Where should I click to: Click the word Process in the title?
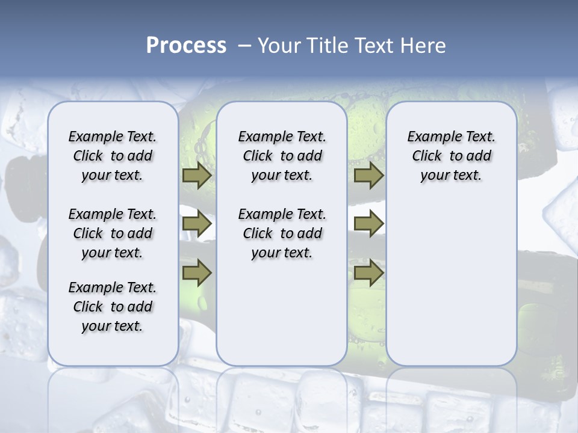[186, 46]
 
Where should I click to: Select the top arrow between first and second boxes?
[197, 176]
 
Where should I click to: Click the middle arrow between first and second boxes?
[197, 224]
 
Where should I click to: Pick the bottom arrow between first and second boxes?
[197, 272]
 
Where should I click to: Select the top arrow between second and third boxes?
[368, 176]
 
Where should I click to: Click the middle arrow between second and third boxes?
[368, 224]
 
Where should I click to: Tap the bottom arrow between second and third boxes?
[368, 272]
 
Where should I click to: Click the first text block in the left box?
[113, 156]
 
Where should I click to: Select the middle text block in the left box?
[113, 233]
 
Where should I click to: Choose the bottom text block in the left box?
[113, 307]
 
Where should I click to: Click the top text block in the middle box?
[282, 156]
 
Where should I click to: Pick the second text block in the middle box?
[282, 233]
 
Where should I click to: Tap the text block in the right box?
[451, 156]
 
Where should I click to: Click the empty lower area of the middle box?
[282, 313]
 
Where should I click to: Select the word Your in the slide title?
[278, 46]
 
